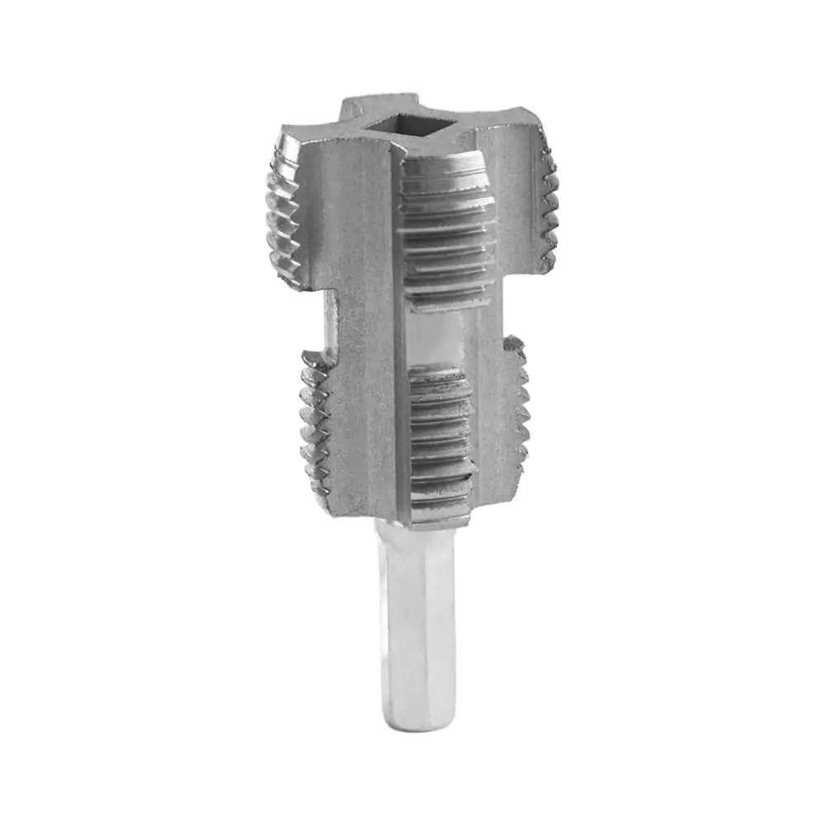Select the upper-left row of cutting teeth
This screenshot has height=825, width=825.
click(x=285, y=214)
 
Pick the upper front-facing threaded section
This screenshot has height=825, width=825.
click(x=445, y=231)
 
